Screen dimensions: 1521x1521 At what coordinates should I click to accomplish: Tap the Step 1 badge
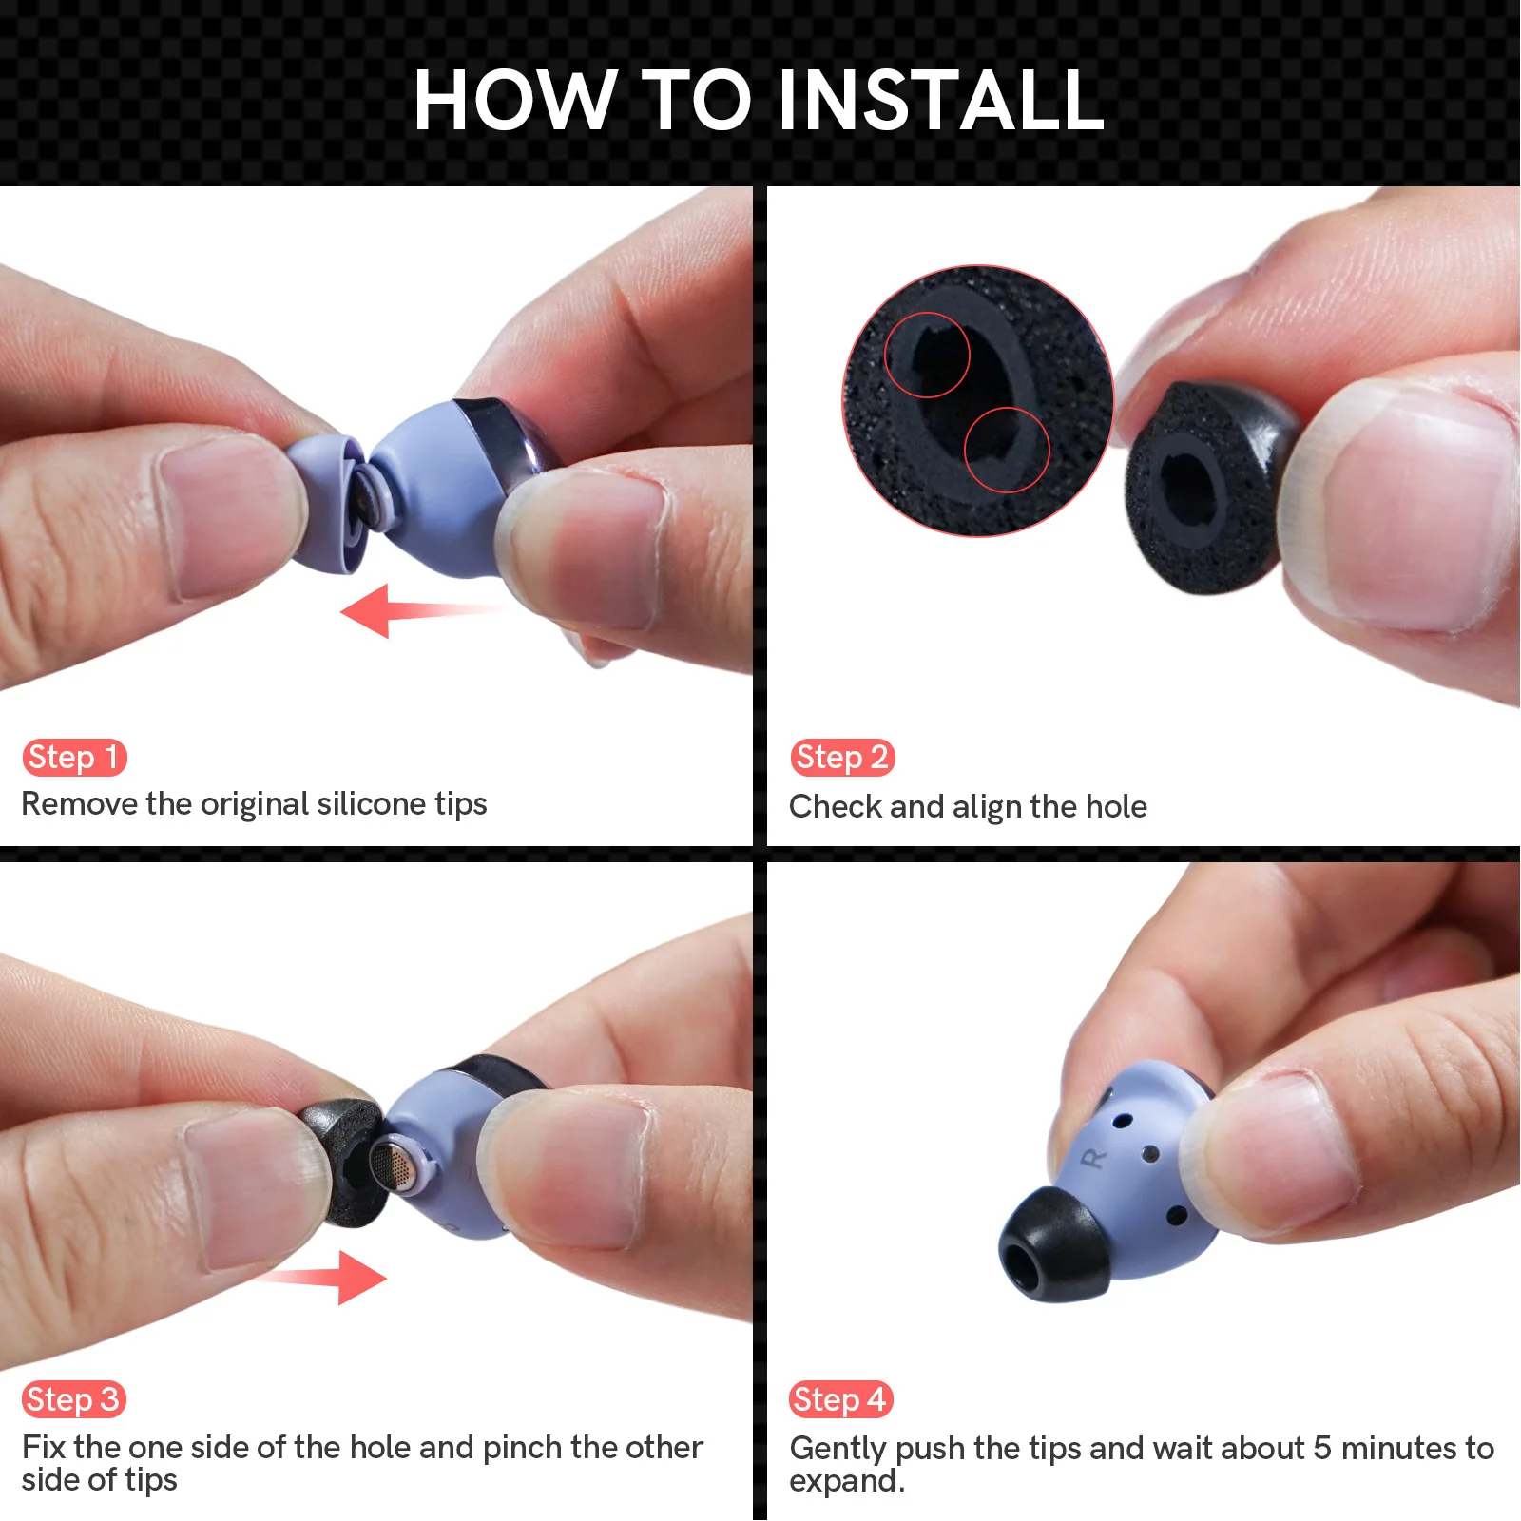click(x=74, y=758)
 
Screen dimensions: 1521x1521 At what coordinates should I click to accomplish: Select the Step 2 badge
click(x=842, y=758)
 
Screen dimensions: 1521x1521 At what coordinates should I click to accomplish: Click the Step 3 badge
click(x=74, y=1399)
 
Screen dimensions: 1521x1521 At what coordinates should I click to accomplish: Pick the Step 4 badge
click(x=840, y=1399)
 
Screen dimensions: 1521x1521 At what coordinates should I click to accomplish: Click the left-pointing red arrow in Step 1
click(x=399, y=610)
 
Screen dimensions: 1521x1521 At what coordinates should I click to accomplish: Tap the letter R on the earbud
click(x=1094, y=1159)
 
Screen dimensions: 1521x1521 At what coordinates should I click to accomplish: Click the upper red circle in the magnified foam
click(x=927, y=355)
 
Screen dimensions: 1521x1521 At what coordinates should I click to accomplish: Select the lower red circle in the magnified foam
click(x=1007, y=450)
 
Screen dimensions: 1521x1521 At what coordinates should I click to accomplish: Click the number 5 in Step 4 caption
click(x=1322, y=1449)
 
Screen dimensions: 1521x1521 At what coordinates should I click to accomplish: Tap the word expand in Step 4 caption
click(x=842, y=1481)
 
